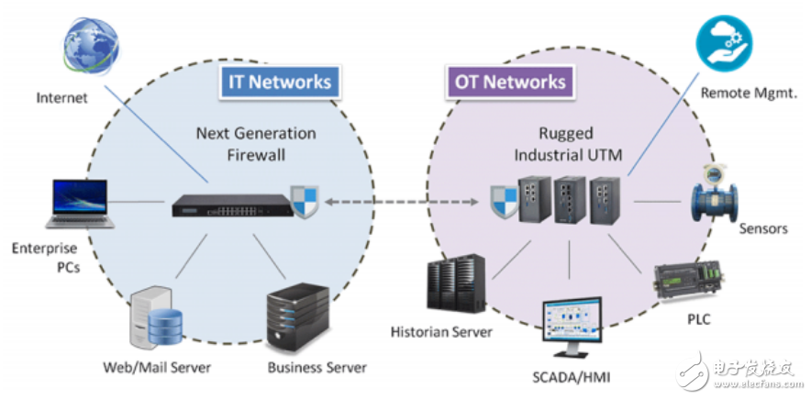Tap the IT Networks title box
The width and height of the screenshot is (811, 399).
(x=279, y=82)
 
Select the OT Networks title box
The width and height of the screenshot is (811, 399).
(x=510, y=82)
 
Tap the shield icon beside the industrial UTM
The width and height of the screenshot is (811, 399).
(x=505, y=198)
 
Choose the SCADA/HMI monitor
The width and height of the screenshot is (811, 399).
(x=569, y=325)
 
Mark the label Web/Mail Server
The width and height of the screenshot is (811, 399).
(x=157, y=368)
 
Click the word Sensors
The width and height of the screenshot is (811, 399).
(x=762, y=228)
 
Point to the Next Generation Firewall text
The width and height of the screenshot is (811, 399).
(x=256, y=144)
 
